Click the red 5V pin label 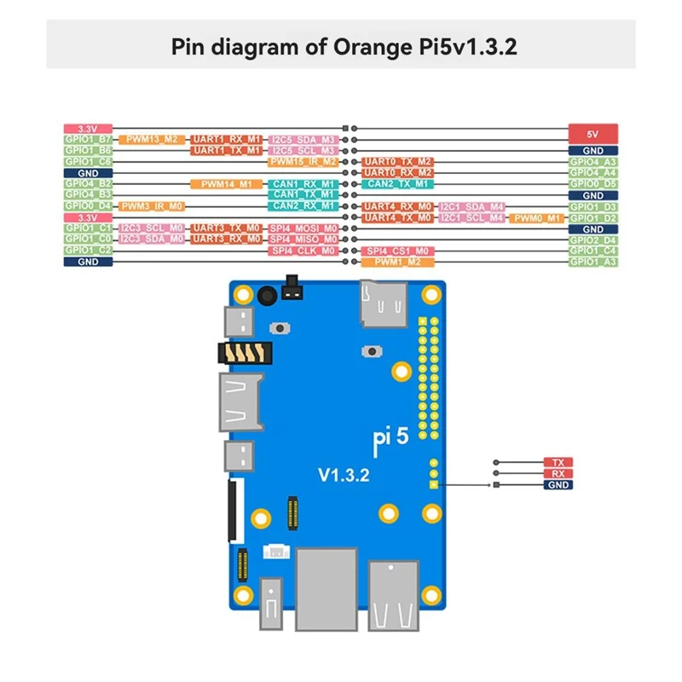(x=592, y=134)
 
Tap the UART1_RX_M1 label (x=226, y=139)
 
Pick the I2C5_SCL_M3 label (x=303, y=150)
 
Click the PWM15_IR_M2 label (x=303, y=161)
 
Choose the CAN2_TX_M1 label (x=397, y=183)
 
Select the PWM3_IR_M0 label (x=152, y=205)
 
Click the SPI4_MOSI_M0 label (x=303, y=228)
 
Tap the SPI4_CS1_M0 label (x=397, y=251)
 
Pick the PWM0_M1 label (x=537, y=218)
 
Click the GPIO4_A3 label (x=592, y=161)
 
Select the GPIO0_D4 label (x=88, y=205)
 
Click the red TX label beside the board (x=558, y=462)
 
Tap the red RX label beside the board (x=558, y=474)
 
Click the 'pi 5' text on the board (x=392, y=436)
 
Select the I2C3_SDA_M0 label (x=152, y=240)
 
